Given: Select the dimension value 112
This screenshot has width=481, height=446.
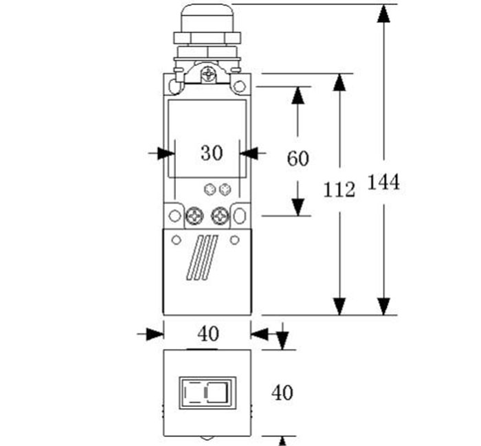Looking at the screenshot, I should [339, 189].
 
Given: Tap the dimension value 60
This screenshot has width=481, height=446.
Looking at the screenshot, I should [298, 159].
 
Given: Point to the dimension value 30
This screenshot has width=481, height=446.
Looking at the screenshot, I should [212, 153].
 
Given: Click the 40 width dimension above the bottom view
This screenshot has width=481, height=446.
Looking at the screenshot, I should [208, 334].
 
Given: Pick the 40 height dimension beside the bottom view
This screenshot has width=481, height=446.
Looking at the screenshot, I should [282, 393].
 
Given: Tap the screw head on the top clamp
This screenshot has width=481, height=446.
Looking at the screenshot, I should [208, 71].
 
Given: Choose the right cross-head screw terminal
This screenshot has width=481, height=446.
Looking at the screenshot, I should [220, 216].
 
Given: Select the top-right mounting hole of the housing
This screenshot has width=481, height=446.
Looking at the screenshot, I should [239, 87].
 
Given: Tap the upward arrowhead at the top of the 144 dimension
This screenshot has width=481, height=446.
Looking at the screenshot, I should [383, 12].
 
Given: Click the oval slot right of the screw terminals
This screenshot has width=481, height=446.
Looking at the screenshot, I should [239, 216].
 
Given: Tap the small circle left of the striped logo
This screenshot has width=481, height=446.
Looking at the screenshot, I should [176, 240].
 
